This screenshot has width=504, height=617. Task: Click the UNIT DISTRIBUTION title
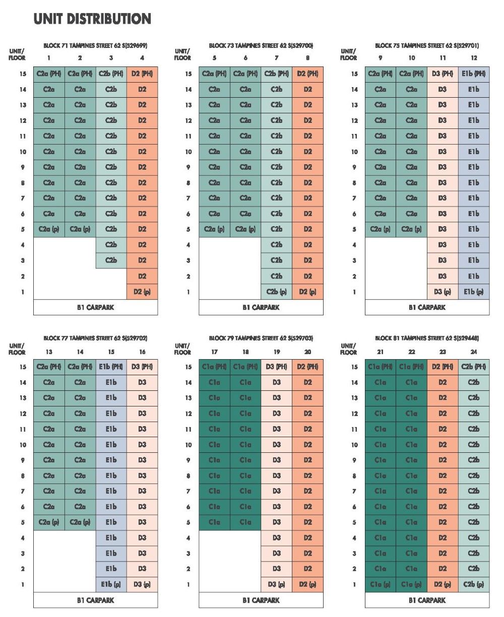[x=92, y=19]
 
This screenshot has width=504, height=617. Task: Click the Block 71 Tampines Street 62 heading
[x=95, y=46]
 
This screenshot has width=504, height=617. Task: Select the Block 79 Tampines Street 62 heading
[x=261, y=338]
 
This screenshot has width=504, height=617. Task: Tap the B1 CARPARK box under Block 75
[x=427, y=307]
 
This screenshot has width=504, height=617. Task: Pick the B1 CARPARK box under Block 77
[x=95, y=600]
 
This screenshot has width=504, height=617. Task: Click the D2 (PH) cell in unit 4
[x=142, y=74]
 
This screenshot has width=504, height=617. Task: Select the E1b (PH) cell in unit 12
[x=474, y=74]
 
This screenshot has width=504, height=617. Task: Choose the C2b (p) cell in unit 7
[x=277, y=292]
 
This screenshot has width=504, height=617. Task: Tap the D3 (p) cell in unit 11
[x=443, y=292]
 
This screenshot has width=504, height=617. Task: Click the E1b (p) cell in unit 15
[x=111, y=585]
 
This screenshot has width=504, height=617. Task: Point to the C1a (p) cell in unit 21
[x=381, y=585]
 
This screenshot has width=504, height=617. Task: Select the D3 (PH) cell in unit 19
[x=277, y=367]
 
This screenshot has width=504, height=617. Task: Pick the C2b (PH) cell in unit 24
[x=474, y=367]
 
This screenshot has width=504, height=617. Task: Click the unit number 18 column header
[x=245, y=352]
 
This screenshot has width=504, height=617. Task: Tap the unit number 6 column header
[x=245, y=58]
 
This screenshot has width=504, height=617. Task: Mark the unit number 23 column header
[x=443, y=352]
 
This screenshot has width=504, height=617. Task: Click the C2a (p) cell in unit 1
[x=49, y=229]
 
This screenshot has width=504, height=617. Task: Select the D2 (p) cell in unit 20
[x=307, y=585]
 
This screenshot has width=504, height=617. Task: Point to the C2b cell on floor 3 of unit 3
[x=111, y=260]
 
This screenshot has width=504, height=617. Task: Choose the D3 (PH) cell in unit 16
[x=142, y=367]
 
